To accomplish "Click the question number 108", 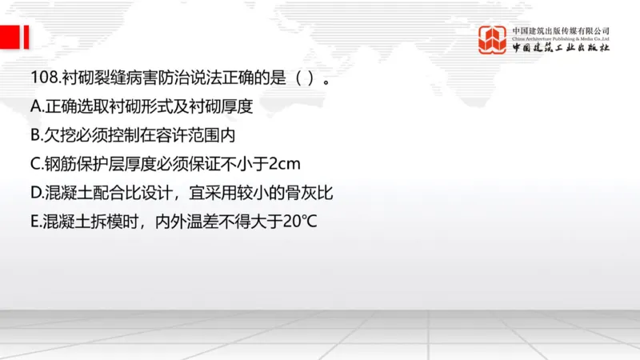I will coord(39,78).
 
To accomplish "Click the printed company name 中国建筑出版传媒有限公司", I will coord(561,30).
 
